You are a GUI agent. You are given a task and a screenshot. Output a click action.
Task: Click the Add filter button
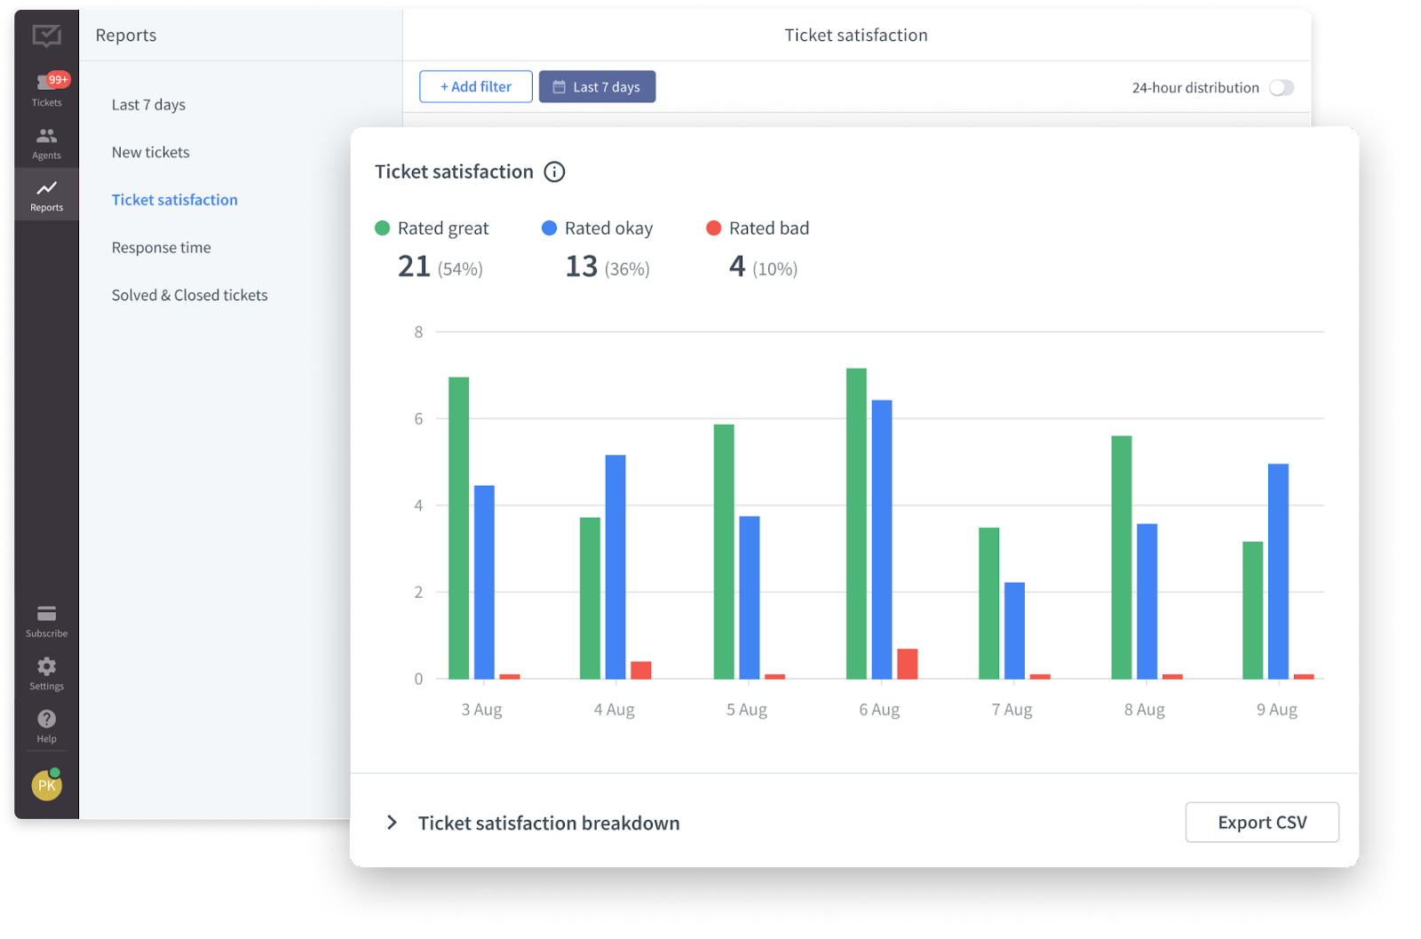click(x=476, y=87)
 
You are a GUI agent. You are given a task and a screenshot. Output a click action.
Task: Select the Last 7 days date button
click(x=597, y=87)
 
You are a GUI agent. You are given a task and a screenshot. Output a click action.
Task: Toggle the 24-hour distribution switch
click(x=1282, y=88)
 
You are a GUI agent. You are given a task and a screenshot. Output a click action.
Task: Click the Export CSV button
click(x=1261, y=823)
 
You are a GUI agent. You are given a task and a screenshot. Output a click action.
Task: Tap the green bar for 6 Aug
click(x=856, y=524)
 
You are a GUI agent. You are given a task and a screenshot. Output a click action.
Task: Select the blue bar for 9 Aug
click(x=1278, y=571)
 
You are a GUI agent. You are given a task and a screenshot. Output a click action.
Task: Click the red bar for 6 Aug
click(x=907, y=664)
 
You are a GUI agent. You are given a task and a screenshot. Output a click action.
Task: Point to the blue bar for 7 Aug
click(x=1014, y=631)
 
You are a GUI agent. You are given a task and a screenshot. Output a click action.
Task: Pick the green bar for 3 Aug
click(x=458, y=529)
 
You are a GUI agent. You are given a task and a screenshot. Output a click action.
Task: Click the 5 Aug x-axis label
click(x=746, y=710)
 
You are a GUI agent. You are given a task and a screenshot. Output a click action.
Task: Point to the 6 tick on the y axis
click(x=418, y=418)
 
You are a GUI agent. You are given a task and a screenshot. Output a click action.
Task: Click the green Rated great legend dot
click(x=383, y=228)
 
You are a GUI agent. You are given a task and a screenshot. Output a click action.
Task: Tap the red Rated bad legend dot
click(x=713, y=228)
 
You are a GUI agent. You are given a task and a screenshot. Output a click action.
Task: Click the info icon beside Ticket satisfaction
click(x=554, y=172)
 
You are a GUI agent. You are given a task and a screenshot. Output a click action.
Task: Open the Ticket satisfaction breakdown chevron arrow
click(x=392, y=823)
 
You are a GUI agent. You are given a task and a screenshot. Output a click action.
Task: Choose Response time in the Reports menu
click(x=162, y=248)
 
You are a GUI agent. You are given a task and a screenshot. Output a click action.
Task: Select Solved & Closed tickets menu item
click(x=190, y=295)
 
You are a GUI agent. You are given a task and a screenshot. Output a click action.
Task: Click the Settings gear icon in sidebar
click(x=47, y=666)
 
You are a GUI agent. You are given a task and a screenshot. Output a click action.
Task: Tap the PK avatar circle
click(x=47, y=785)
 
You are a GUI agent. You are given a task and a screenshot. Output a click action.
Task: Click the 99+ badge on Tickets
click(x=59, y=80)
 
